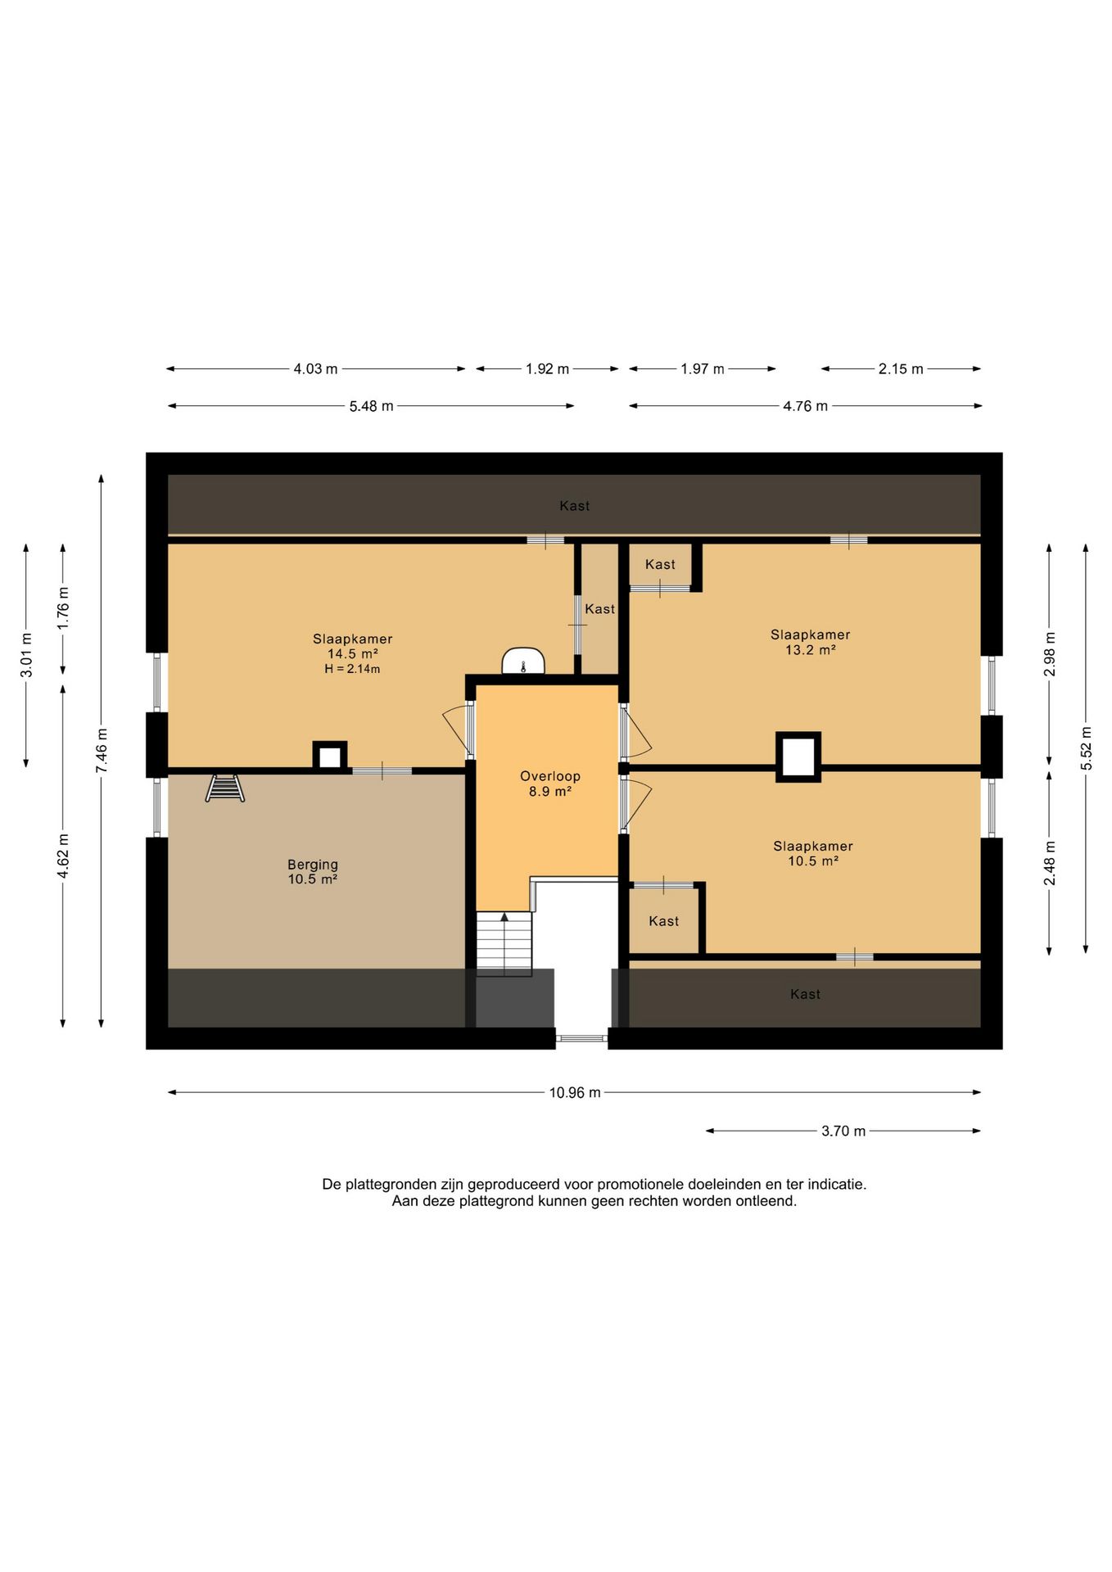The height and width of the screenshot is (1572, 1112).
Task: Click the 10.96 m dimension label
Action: (x=575, y=1092)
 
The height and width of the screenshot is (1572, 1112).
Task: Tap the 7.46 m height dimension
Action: (x=102, y=750)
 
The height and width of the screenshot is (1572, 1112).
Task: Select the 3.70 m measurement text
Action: (x=843, y=1131)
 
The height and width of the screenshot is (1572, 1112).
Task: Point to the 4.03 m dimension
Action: (x=315, y=369)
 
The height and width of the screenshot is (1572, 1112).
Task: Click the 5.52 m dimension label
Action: (x=1086, y=748)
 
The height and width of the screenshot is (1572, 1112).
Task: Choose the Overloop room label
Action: (x=550, y=776)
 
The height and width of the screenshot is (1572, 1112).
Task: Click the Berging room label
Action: (x=313, y=865)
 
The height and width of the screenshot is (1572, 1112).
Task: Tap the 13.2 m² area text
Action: (x=811, y=650)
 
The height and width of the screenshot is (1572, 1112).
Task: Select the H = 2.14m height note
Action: (x=352, y=669)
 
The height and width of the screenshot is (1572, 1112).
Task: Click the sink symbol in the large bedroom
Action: (x=523, y=661)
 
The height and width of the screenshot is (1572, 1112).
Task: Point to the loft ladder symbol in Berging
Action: (x=225, y=788)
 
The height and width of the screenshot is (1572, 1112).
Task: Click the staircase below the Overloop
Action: (x=504, y=943)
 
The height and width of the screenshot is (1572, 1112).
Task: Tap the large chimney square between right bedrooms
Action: (x=798, y=757)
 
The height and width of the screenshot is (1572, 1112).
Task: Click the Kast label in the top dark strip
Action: (x=575, y=506)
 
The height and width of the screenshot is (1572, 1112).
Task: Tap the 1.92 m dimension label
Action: (x=547, y=369)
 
